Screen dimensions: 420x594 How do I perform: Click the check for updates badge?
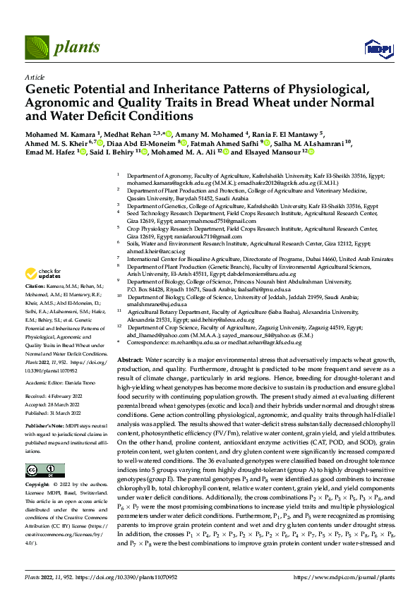coord(44,273)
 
